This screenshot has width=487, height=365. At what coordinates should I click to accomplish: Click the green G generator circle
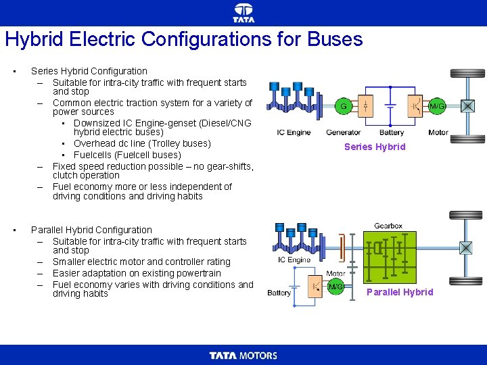[344, 106]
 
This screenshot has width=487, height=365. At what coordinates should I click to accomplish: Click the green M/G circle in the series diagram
[438, 106]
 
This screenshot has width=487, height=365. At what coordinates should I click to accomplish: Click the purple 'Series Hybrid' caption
[375, 147]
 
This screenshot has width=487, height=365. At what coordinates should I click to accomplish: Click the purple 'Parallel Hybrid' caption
[400, 292]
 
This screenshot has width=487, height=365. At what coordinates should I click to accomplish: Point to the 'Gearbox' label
[388, 226]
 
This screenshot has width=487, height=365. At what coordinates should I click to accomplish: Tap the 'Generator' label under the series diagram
[343, 132]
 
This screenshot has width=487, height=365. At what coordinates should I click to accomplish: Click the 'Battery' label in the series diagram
[392, 132]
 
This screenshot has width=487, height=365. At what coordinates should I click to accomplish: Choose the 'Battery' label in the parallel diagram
[279, 293]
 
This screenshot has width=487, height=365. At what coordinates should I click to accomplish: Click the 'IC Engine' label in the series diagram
[294, 132]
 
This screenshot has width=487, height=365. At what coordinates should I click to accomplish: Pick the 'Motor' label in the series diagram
[438, 132]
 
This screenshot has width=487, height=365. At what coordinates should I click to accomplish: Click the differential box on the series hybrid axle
[467, 105]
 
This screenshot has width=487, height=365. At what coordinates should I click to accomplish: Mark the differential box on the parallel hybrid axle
[466, 248]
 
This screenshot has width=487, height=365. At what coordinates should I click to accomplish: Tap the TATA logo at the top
[243, 12]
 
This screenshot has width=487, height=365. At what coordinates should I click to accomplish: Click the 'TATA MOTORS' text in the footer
[243, 356]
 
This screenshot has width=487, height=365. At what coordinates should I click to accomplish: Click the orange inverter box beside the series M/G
[415, 106]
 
